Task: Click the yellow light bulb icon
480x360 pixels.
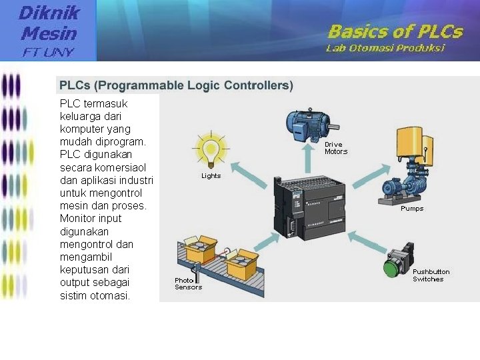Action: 211,149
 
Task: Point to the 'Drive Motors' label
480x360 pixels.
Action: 335,148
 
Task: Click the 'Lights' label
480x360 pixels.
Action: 211,176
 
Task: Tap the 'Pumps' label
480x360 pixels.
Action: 411,209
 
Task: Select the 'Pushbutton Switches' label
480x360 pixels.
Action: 431,275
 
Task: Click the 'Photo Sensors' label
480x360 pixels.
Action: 188,283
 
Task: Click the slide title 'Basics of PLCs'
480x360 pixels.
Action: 395,31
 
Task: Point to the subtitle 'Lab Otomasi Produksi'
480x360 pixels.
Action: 385,48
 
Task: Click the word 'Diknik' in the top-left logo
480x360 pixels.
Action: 49,12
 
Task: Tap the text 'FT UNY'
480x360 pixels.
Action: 49,51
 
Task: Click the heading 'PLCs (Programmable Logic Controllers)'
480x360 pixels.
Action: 176,85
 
